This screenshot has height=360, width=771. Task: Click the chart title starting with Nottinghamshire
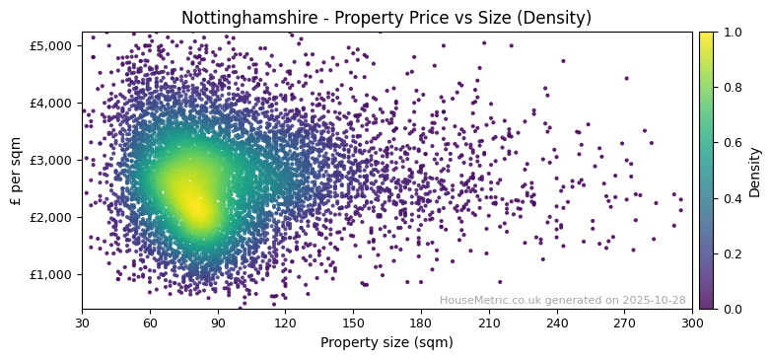pos(386,18)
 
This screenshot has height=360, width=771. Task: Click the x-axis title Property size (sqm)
pos(386,342)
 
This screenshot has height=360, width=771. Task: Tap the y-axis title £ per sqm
pos(16,171)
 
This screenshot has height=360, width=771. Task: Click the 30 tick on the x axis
pos(82,323)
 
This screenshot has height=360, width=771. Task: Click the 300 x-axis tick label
pos(692,323)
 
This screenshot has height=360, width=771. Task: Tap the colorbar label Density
pos(755,171)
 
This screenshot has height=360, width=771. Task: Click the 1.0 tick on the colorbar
pos(732,32)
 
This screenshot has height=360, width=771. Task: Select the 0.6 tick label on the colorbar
pos(732,143)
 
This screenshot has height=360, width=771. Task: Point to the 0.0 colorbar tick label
pos(732,309)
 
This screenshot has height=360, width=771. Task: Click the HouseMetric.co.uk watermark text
pos(562,300)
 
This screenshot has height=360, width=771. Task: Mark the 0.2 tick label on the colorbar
pos(732,253)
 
